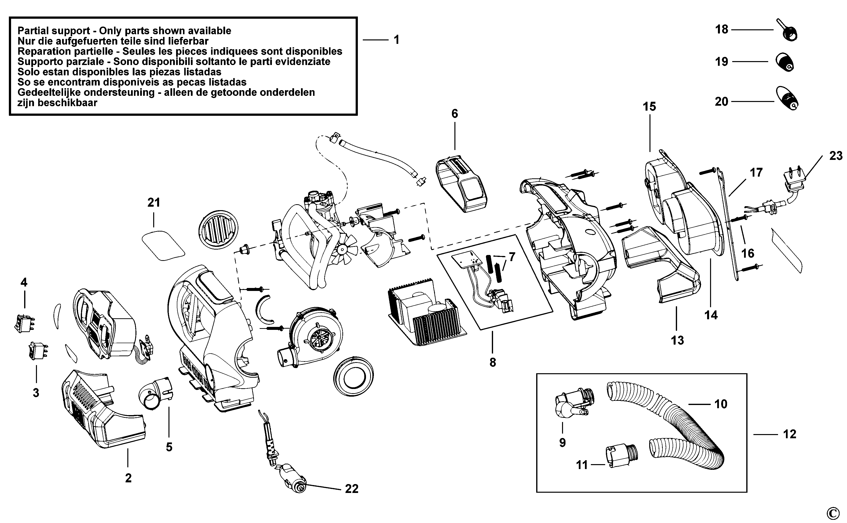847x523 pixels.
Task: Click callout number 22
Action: point(352,489)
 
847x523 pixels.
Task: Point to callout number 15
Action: point(649,106)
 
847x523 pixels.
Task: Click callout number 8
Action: point(493,363)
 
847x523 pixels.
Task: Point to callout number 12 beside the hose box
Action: point(790,434)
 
